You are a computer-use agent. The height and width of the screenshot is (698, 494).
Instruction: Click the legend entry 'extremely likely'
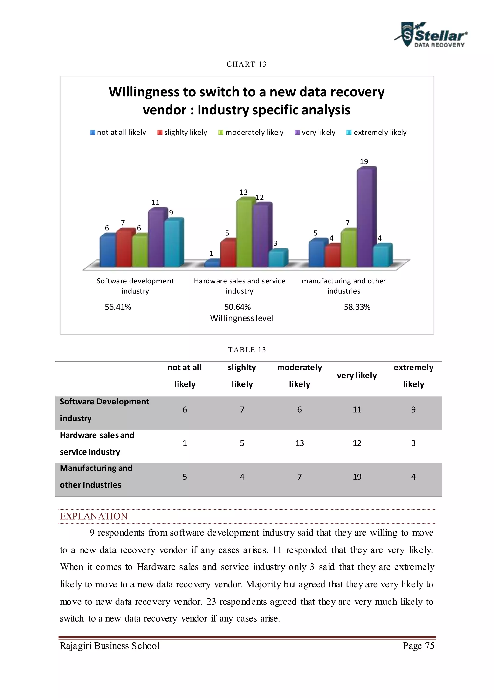(377, 133)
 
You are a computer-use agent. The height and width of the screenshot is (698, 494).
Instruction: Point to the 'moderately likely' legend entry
(251, 133)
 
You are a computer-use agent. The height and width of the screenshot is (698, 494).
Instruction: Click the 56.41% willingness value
(118, 307)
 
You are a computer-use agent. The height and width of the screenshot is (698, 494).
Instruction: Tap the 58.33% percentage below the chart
(357, 307)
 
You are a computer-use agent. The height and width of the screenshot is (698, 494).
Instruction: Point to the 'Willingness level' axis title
(241, 318)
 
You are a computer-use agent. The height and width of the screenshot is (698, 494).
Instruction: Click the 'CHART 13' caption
(247, 64)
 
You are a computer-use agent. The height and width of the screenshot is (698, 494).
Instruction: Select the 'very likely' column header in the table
(357, 376)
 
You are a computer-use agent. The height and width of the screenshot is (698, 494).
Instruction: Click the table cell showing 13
(300, 443)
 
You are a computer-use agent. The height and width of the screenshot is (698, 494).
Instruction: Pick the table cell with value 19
(357, 477)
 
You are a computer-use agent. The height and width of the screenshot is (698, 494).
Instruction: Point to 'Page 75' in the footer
(419, 646)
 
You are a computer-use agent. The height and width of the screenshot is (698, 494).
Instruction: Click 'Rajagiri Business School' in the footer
(110, 646)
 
